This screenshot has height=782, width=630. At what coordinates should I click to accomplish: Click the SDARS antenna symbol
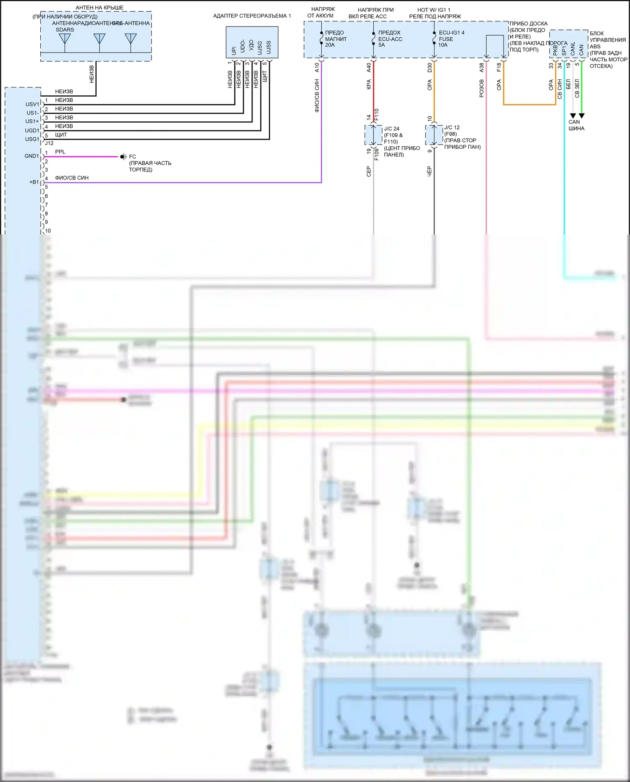pyautogui.click(x=65, y=39)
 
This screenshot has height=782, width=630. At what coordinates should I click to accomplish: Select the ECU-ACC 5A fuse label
pyautogui.click(x=390, y=39)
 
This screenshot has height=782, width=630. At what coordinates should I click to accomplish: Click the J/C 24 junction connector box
pyautogui.click(x=373, y=135)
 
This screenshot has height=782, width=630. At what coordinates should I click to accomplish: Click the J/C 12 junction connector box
pyautogui.click(x=434, y=134)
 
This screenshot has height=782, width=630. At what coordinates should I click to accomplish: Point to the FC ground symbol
pyautogui.click(x=123, y=157)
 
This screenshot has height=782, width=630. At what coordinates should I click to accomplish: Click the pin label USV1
pyautogui.click(x=32, y=104)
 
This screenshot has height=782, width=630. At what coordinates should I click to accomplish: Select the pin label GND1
pyautogui.click(x=31, y=156)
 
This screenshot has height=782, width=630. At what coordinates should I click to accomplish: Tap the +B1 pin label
pyautogui.click(x=34, y=182)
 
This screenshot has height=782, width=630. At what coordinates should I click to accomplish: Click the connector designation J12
pyautogui.click(x=49, y=143)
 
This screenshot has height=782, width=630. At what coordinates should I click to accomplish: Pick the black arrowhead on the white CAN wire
pyautogui.click(x=572, y=116)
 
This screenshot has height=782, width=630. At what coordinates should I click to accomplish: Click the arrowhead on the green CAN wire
pyautogui.click(x=582, y=116)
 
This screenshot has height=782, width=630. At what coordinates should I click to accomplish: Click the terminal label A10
pyautogui.click(x=317, y=67)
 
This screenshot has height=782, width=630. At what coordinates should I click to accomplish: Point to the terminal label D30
pyautogui.click(x=430, y=67)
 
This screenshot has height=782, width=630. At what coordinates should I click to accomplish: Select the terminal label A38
pyautogui.click(x=482, y=67)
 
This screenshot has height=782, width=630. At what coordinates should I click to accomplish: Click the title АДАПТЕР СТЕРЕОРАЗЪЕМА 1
pyautogui.click(x=252, y=16)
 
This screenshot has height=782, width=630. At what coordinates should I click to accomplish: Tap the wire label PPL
pyautogui.click(x=60, y=152)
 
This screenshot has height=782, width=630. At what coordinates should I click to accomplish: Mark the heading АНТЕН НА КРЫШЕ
pyautogui.click(x=99, y=8)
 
